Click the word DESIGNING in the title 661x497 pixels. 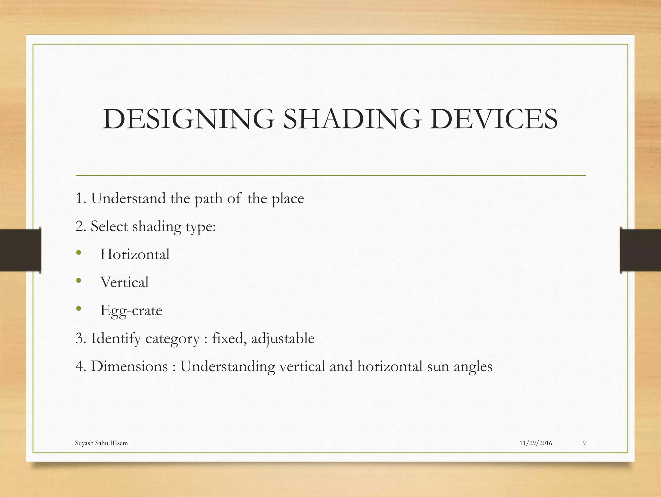point(189,119)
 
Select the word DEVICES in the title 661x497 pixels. point(493,119)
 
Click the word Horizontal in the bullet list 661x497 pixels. point(135,254)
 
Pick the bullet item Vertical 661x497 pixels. point(125,282)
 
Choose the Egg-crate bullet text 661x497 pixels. point(131,310)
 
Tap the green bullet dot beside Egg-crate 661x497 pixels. point(79,309)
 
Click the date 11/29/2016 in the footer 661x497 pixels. point(536,443)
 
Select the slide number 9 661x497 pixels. point(584,443)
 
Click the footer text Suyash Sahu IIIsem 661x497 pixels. point(101,443)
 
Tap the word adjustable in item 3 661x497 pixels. point(283,339)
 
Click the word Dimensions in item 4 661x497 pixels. point(129,367)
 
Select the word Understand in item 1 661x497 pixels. point(128,198)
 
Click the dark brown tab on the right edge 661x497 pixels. point(640,250)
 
